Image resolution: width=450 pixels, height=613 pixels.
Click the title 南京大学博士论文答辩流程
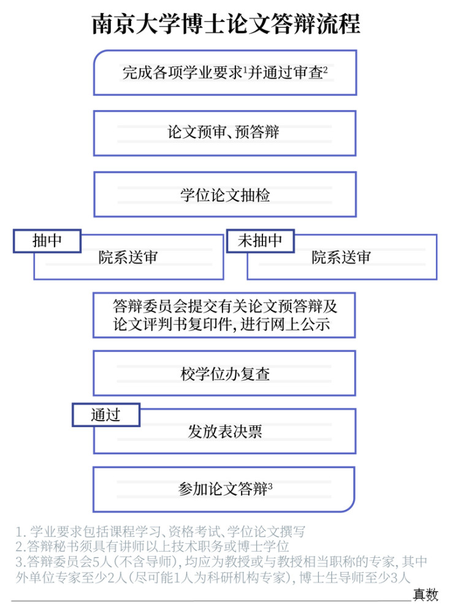coord(226,24)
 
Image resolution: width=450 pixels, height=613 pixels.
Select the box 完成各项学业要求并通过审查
coord(225,73)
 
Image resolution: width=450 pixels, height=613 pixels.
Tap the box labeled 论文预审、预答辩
coord(225,133)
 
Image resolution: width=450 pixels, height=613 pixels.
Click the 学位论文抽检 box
coord(225,194)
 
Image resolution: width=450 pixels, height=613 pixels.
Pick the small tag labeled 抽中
coord(47,241)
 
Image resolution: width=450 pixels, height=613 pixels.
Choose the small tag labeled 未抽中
coord(260,241)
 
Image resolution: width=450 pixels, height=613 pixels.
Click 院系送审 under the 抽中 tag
coord(129,257)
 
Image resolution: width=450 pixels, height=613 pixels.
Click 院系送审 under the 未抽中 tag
coord(341,257)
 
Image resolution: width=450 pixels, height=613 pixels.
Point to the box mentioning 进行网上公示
coord(224,315)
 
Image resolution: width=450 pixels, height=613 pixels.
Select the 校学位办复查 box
coord(224,373)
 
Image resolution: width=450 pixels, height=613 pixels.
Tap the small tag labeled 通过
coord(106,415)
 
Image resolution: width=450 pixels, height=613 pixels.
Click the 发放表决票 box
coord(225,431)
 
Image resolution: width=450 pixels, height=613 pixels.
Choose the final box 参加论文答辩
coord(224,489)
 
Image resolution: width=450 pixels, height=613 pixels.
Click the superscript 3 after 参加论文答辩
coord(270,486)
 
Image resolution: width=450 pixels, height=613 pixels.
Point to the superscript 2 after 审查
coord(326,70)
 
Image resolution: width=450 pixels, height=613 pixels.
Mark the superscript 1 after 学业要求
coord(245,70)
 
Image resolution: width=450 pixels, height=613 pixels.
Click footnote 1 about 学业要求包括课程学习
coord(160,531)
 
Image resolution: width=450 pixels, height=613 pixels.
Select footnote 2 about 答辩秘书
coord(153,547)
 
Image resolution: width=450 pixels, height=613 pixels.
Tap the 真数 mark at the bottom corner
coord(425,595)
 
